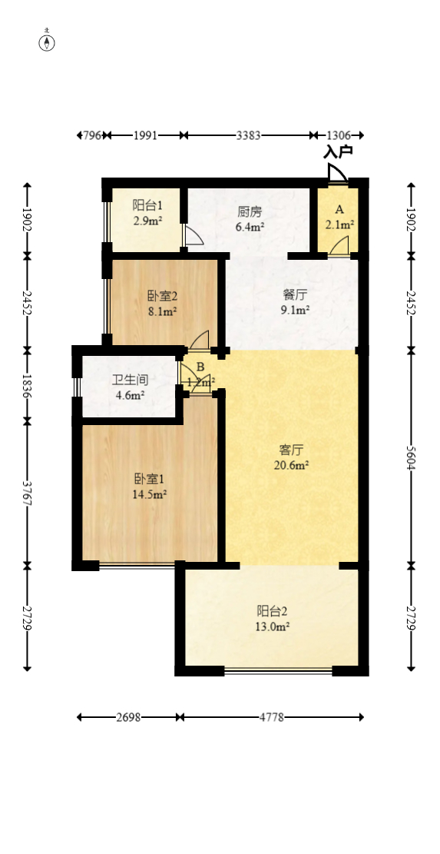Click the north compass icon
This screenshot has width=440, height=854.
pos(48,42)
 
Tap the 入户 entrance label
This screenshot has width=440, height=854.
pos(338,151)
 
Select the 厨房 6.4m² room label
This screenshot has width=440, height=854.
pos(250,218)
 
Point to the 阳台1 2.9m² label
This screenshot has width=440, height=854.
pos(147,213)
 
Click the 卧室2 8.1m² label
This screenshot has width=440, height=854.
pos(162,303)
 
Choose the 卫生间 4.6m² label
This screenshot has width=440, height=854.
pos(130,387)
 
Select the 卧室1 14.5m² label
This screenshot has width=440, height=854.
pos(150,487)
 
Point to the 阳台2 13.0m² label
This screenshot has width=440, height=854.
pos(272,619)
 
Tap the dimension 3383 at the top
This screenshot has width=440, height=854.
pos(248,135)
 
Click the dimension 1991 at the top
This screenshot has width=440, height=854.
pos(145,135)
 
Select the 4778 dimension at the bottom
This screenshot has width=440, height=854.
pos(271,717)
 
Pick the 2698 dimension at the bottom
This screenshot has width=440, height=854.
pos(128,717)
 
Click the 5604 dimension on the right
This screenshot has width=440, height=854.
pos(411,457)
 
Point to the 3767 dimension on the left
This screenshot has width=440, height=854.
pos(28,493)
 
